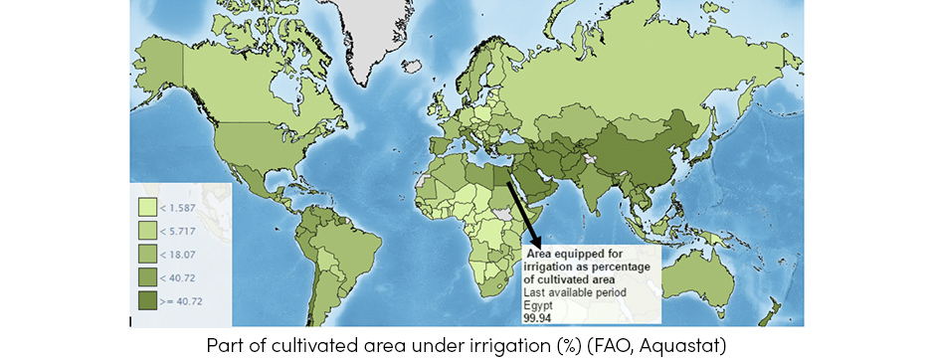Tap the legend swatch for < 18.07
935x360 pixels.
point(147,253)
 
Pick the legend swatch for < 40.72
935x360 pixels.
point(147,274)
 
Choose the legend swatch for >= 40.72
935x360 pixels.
point(147,297)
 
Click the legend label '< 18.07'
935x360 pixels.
point(179,253)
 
